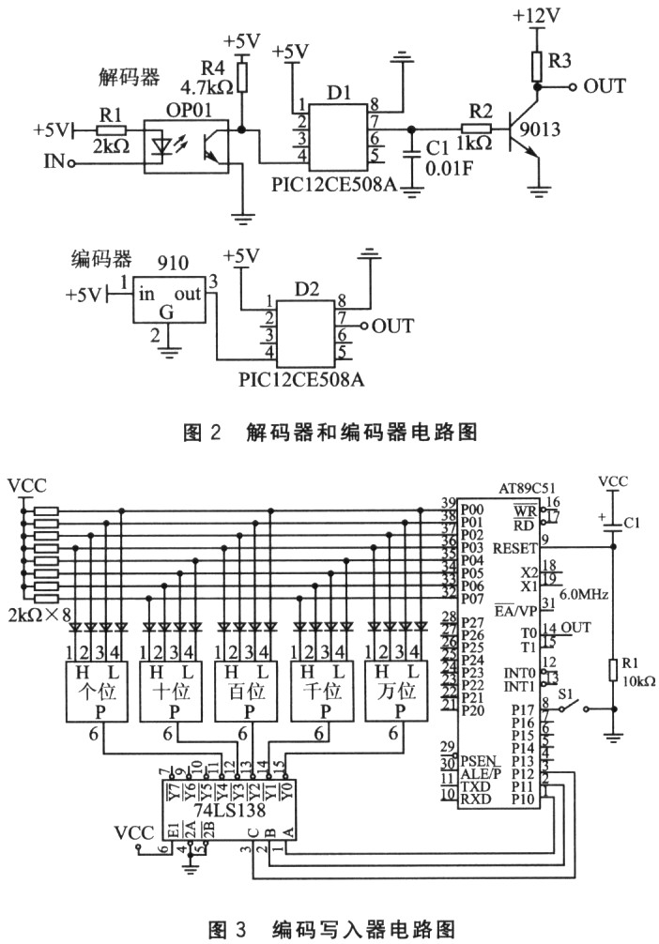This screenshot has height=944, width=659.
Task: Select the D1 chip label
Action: [x=339, y=96]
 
